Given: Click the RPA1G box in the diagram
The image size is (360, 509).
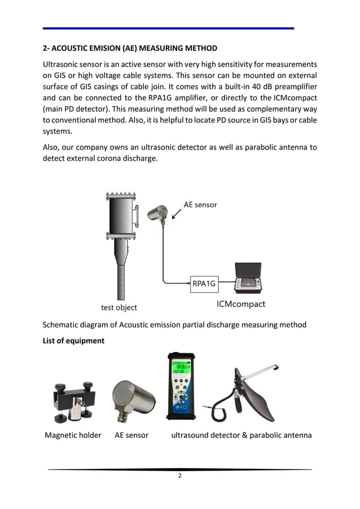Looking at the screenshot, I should click(204, 284).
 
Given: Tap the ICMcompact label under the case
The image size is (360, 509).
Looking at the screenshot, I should click(241, 304).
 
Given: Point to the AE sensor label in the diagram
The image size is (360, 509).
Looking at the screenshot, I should click(200, 204).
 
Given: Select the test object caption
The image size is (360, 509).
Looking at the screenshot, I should click(118, 308).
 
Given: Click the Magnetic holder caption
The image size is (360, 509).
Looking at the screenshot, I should click(73, 435).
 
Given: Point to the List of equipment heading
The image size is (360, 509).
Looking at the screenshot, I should click(73, 341).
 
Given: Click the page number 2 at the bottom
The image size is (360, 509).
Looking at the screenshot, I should click(179, 476).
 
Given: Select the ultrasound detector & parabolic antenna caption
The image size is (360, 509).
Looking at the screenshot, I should click(241, 435).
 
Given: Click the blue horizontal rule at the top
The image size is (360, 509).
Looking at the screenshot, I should click(169, 28).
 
